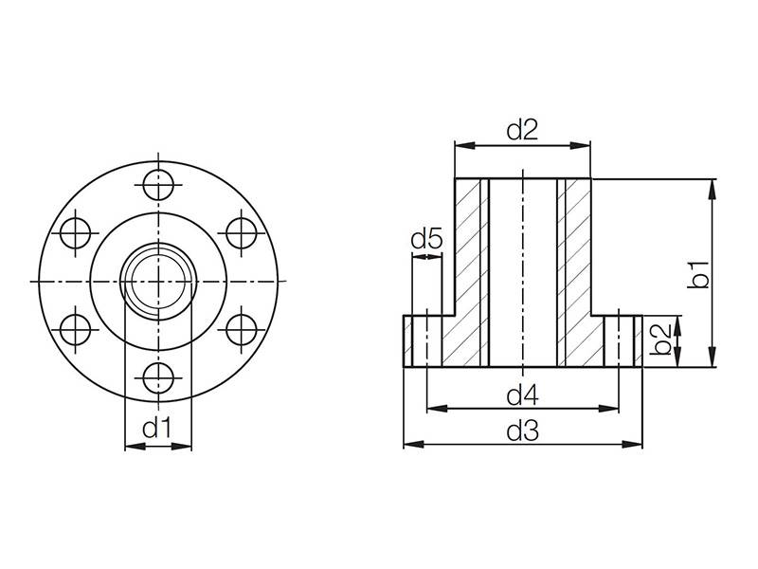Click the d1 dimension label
point(157,429)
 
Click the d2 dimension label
point(522,131)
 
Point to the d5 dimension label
point(426,240)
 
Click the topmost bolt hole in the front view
point(159,182)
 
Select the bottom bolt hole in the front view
point(159,378)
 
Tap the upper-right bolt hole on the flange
point(244,231)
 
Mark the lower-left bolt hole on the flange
point(75,329)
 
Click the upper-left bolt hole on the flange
point(75,231)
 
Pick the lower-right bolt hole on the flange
point(244,329)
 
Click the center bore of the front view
point(159,281)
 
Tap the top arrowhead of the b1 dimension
point(711,186)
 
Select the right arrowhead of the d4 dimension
point(613,409)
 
